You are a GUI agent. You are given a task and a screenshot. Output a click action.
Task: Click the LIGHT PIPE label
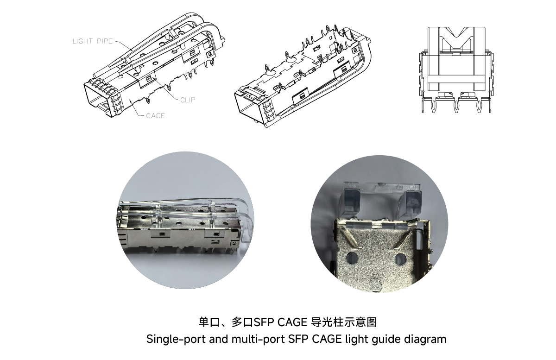point(93,41)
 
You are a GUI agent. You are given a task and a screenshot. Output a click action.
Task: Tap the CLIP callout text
point(188,100)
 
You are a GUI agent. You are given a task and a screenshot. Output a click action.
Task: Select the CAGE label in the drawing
point(155,116)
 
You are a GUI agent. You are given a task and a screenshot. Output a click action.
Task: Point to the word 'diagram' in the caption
point(425,340)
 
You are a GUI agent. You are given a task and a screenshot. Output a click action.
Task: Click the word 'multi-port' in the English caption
point(258,340)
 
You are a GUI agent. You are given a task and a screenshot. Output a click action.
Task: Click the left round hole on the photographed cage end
point(352,258)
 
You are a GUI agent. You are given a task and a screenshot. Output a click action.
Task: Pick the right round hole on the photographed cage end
point(400,259)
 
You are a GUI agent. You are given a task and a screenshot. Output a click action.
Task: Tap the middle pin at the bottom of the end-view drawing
point(456,106)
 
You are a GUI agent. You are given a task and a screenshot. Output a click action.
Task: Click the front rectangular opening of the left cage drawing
point(95,97)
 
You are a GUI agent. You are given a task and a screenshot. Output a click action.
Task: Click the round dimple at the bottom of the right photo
point(376,285)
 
